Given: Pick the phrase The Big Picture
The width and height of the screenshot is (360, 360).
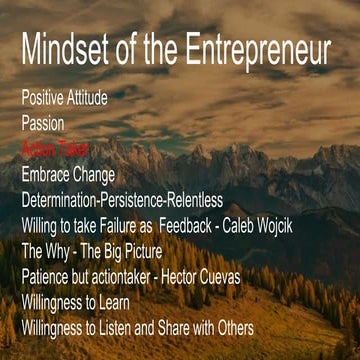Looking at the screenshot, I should click(118, 250).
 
